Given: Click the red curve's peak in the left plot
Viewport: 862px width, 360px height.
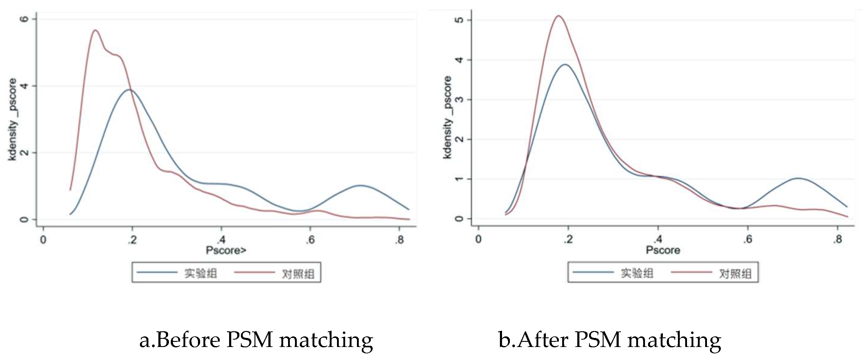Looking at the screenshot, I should click(x=96, y=31).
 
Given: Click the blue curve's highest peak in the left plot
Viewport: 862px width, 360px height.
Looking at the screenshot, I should click(x=130, y=90).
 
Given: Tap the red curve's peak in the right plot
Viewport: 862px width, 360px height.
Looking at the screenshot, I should click(x=559, y=16).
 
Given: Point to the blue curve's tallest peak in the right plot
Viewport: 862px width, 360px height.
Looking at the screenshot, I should click(x=565, y=64).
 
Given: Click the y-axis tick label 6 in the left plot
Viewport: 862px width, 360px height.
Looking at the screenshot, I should click(x=24, y=19).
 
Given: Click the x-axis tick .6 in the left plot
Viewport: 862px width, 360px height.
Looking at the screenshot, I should click(x=310, y=240).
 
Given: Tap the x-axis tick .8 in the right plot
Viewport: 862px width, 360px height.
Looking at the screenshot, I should click(x=837, y=239).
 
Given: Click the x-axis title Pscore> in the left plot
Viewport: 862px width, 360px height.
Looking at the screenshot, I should click(x=226, y=250).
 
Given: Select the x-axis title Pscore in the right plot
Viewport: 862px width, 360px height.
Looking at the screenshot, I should click(x=663, y=250).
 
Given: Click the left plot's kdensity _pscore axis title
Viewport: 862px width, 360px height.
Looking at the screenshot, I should click(x=12, y=119).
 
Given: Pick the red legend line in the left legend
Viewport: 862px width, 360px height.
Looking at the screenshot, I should click(x=254, y=272).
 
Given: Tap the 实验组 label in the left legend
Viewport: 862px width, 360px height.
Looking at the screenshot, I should click(x=200, y=273).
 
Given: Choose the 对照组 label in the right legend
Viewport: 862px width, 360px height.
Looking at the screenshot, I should click(x=735, y=274).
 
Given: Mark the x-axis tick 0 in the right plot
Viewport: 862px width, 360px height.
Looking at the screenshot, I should click(x=478, y=239).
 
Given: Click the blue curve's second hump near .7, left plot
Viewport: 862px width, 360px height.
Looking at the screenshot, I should click(x=360, y=185).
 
